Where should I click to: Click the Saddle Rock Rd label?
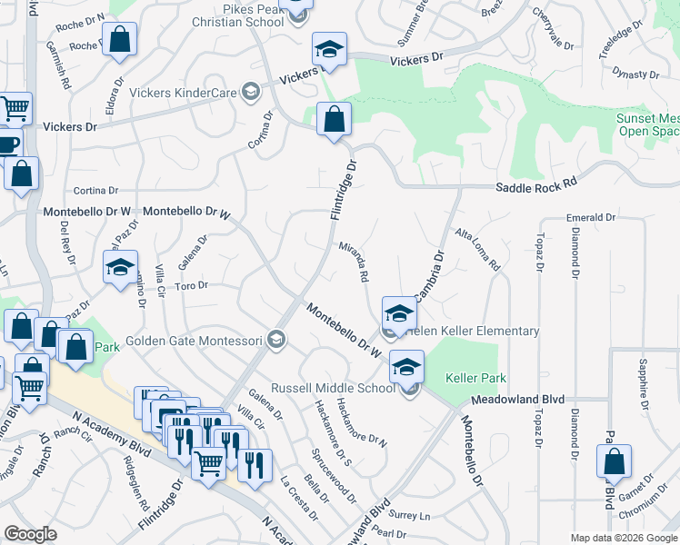click(x=536, y=184)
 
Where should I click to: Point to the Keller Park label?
click(x=475, y=377)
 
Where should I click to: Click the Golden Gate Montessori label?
click(x=195, y=342)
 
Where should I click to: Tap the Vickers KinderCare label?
click(x=183, y=92)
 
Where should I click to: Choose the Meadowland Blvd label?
click(x=517, y=400)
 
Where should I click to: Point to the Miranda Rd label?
click(x=353, y=262)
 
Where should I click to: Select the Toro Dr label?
click(x=192, y=285)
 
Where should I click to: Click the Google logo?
click(x=30, y=533)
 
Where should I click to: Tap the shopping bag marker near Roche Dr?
click(x=119, y=40)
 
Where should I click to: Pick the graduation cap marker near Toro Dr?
click(x=120, y=268)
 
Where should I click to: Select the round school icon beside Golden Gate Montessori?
click(x=276, y=342)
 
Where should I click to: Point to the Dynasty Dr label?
click(x=635, y=74)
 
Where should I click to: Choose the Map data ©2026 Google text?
click(x=623, y=537)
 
